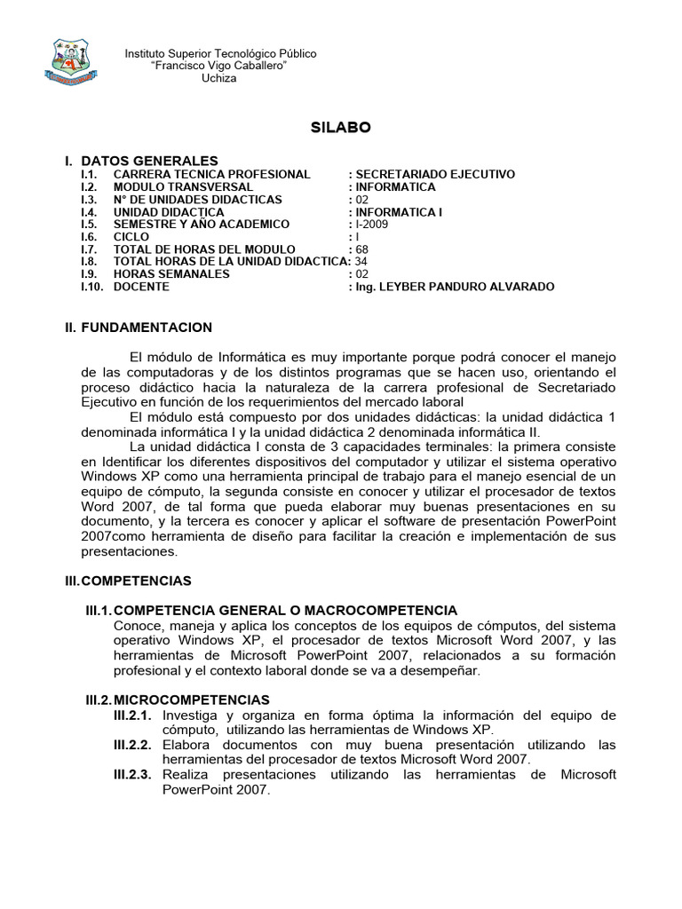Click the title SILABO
click(341, 128)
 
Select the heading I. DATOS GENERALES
click(140, 161)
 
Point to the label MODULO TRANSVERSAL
click(183, 187)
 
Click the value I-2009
click(373, 225)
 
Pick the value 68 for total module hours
click(361, 249)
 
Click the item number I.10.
click(91, 287)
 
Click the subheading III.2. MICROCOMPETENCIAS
click(178, 700)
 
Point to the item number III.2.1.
click(132, 715)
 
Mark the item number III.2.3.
click(132, 775)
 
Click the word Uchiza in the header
click(219, 79)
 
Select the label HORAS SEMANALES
click(171, 274)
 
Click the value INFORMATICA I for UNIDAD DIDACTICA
click(397, 212)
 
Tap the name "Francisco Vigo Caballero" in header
click(219, 67)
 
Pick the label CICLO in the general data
click(131, 237)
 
